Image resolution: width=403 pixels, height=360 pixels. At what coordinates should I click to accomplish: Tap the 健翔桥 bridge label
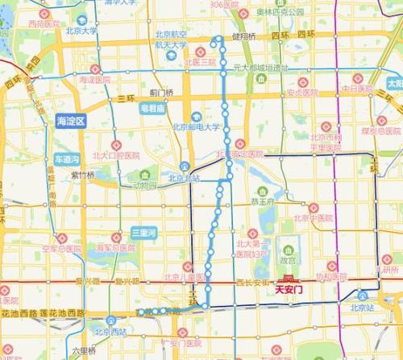pyautogui.click(x=244, y=37)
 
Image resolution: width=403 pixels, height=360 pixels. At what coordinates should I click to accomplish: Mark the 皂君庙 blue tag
pyautogui.click(x=153, y=106)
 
